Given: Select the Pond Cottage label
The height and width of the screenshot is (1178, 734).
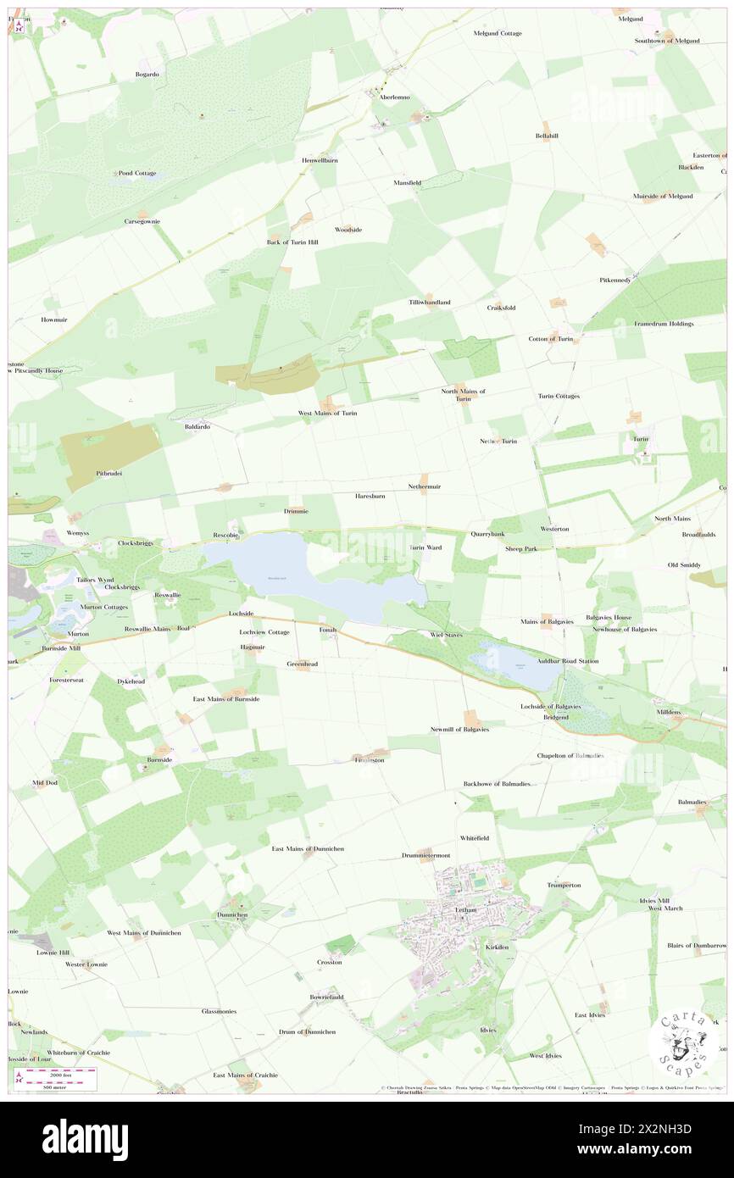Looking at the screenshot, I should tap(136, 173).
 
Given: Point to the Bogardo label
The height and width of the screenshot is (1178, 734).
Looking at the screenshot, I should tap(147, 75).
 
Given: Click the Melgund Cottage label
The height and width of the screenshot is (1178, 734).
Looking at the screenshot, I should tap(498, 33).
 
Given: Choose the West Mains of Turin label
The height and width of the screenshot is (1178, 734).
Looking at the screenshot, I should tap(327, 413).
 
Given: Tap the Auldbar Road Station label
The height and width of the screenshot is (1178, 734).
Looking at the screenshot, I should tap(567, 661).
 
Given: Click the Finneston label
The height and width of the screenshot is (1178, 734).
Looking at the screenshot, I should tap(370, 760).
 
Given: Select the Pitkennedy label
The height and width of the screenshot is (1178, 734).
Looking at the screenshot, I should tap(614, 280).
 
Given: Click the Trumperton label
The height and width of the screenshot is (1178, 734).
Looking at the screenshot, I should tap(564, 885).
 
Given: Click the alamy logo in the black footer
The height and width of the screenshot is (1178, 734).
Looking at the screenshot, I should tap(85, 1139).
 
